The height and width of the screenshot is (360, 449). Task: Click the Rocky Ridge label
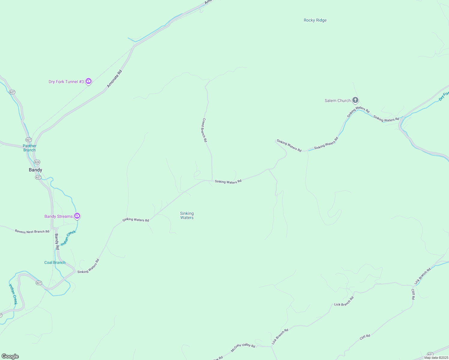[x=315, y=20]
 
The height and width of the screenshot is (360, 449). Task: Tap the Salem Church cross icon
[x=355, y=100]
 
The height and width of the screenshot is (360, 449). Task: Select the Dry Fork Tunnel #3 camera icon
[x=88, y=81]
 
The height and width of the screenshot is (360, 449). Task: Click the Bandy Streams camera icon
[x=77, y=216]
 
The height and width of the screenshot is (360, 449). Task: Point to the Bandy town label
[x=35, y=170]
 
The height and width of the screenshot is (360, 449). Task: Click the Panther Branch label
[x=29, y=148]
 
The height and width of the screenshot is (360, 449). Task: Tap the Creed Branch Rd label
[x=204, y=130]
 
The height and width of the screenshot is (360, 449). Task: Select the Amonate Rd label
[x=115, y=79]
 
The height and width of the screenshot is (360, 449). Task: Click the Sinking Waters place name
[x=187, y=215]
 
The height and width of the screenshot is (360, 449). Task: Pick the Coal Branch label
[x=55, y=262]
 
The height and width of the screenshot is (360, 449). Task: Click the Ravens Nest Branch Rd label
[x=32, y=232]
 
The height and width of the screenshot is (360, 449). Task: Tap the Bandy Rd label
[x=57, y=242]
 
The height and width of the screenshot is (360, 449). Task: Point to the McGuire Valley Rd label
[x=243, y=347]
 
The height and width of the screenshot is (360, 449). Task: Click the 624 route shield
[x=37, y=162]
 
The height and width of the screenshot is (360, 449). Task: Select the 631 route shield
[x=430, y=354]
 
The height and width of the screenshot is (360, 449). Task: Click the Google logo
[x=10, y=356]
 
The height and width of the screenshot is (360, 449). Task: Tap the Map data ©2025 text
[x=436, y=358]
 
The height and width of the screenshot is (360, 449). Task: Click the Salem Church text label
[x=338, y=101]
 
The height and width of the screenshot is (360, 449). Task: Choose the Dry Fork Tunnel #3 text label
[x=66, y=82]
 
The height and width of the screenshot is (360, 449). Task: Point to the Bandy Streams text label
[x=59, y=216]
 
